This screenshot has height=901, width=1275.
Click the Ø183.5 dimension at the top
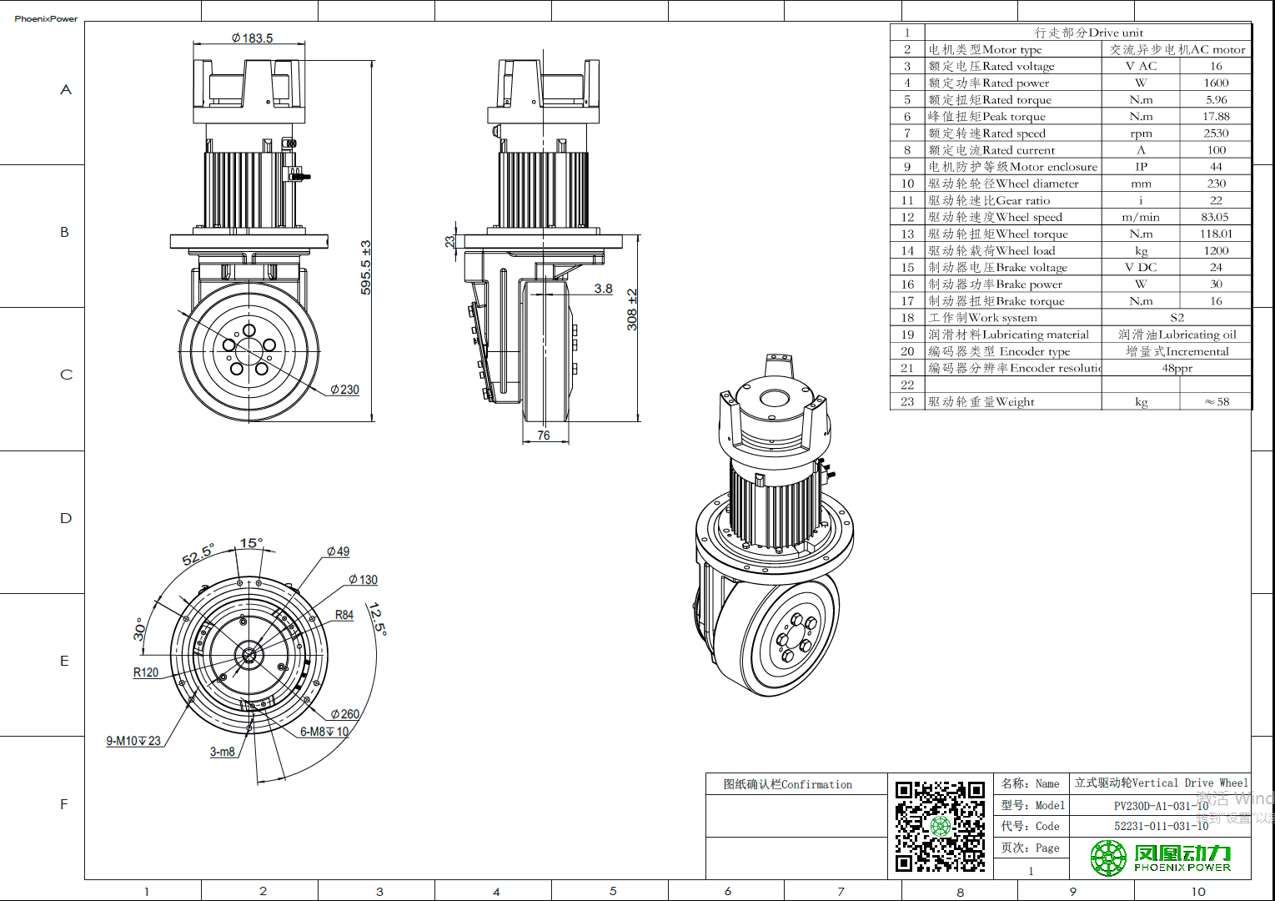click(x=252, y=38)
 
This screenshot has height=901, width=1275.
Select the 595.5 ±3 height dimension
click(x=366, y=267)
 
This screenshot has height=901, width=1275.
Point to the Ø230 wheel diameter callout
click(x=344, y=390)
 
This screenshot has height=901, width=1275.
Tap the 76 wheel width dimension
click(x=544, y=435)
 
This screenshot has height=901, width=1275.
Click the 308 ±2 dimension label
click(x=632, y=310)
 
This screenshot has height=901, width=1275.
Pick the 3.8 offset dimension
click(x=603, y=289)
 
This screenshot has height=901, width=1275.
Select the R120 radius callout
click(x=146, y=672)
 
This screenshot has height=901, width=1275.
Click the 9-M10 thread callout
click(x=133, y=741)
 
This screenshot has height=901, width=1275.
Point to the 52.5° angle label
click(x=198, y=555)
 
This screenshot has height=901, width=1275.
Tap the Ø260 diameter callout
click(x=344, y=714)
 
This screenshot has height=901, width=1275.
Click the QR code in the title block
click(x=940, y=826)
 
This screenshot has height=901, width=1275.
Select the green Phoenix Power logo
click(x=1160, y=858)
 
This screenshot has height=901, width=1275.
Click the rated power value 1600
click(x=1216, y=83)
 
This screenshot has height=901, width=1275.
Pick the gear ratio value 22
click(x=1216, y=200)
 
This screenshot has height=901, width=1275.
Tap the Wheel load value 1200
click(x=1216, y=250)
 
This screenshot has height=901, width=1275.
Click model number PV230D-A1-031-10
click(x=1161, y=806)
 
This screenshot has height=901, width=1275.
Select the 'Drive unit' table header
click(x=1088, y=33)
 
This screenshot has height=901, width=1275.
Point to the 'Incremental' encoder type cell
click(x=1177, y=351)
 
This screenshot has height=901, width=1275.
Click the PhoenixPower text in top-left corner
click(x=46, y=18)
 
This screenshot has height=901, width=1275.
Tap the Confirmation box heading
click(x=788, y=784)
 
